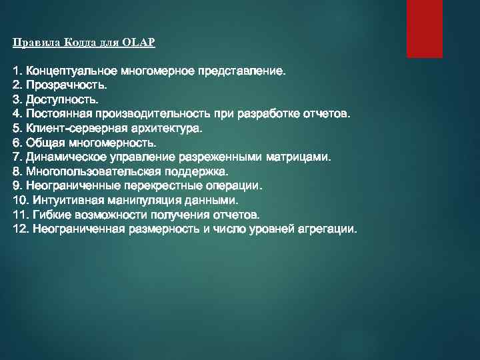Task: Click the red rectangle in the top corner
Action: coord(425,29)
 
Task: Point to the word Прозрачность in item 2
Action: coord(64,85)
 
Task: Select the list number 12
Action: coord(20,229)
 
